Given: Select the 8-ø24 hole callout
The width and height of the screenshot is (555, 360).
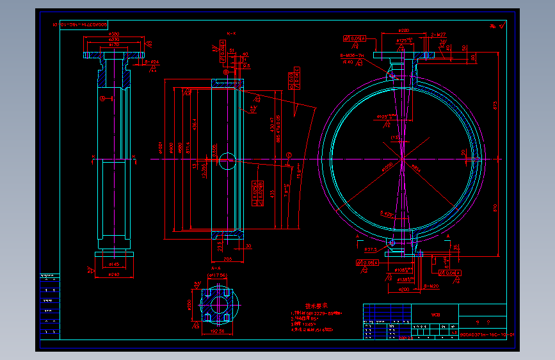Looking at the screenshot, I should pos(152,62).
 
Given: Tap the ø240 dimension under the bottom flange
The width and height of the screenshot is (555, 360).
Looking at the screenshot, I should pos(114,275).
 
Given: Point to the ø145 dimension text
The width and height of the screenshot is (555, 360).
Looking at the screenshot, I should pos(115,264).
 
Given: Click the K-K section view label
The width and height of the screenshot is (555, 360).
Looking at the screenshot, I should pos(230,33).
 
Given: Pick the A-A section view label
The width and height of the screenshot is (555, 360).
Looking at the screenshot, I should pos(216,268).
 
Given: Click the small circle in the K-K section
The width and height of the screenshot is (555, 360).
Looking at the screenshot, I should pos(227,161).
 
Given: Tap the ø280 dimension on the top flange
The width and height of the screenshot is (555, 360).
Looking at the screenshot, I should pos(404,30).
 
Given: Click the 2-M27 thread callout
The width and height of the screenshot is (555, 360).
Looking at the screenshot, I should pos(438,35).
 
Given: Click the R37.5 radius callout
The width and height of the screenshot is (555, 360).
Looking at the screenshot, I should pos(370,249).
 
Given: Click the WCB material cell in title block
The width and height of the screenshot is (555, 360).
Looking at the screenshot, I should pos(435,315).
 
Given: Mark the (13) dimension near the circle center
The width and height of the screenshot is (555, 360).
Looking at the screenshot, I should pos(395,138).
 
